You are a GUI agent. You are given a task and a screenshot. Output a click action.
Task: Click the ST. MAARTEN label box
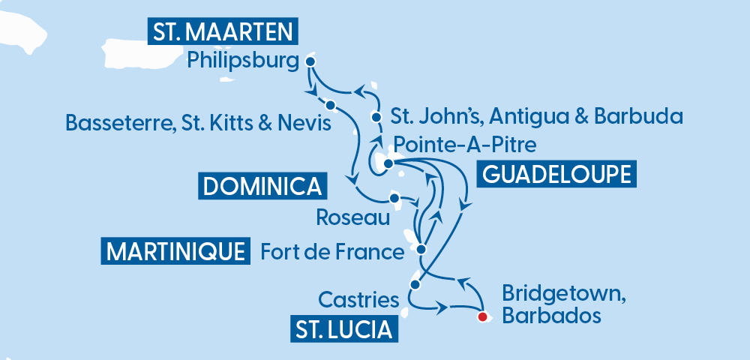(x=223, y=32)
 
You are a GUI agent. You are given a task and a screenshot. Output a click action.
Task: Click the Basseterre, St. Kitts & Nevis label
(x=199, y=122)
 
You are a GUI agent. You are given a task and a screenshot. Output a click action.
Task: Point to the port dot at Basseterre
(x=330, y=104)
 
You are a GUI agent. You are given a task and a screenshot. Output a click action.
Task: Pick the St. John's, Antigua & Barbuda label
(x=537, y=116)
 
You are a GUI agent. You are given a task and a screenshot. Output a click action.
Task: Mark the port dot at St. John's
(x=376, y=117)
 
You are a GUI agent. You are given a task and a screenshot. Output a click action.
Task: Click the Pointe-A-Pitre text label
(x=465, y=142)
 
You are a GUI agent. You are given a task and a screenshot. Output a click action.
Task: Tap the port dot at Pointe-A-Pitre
(x=388, y=163)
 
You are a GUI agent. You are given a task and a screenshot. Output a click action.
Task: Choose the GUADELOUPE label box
(x=555, y=174)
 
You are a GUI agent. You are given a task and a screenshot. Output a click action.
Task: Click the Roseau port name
(x=353, y=218)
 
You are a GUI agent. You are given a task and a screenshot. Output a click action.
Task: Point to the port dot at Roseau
(x=393, y=199)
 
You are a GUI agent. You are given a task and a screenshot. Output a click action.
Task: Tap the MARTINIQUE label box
(x=175, y=251)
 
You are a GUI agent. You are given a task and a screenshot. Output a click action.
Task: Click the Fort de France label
(x=331, y=251)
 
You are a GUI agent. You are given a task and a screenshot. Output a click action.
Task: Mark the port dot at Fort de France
(x=421, y=249)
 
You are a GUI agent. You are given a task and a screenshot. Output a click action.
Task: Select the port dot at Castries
(x=414, y=285)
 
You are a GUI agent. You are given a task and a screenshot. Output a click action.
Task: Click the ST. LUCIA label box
(x=343, y=328)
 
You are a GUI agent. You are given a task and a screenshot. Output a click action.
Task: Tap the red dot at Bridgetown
(x=483, y=316)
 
